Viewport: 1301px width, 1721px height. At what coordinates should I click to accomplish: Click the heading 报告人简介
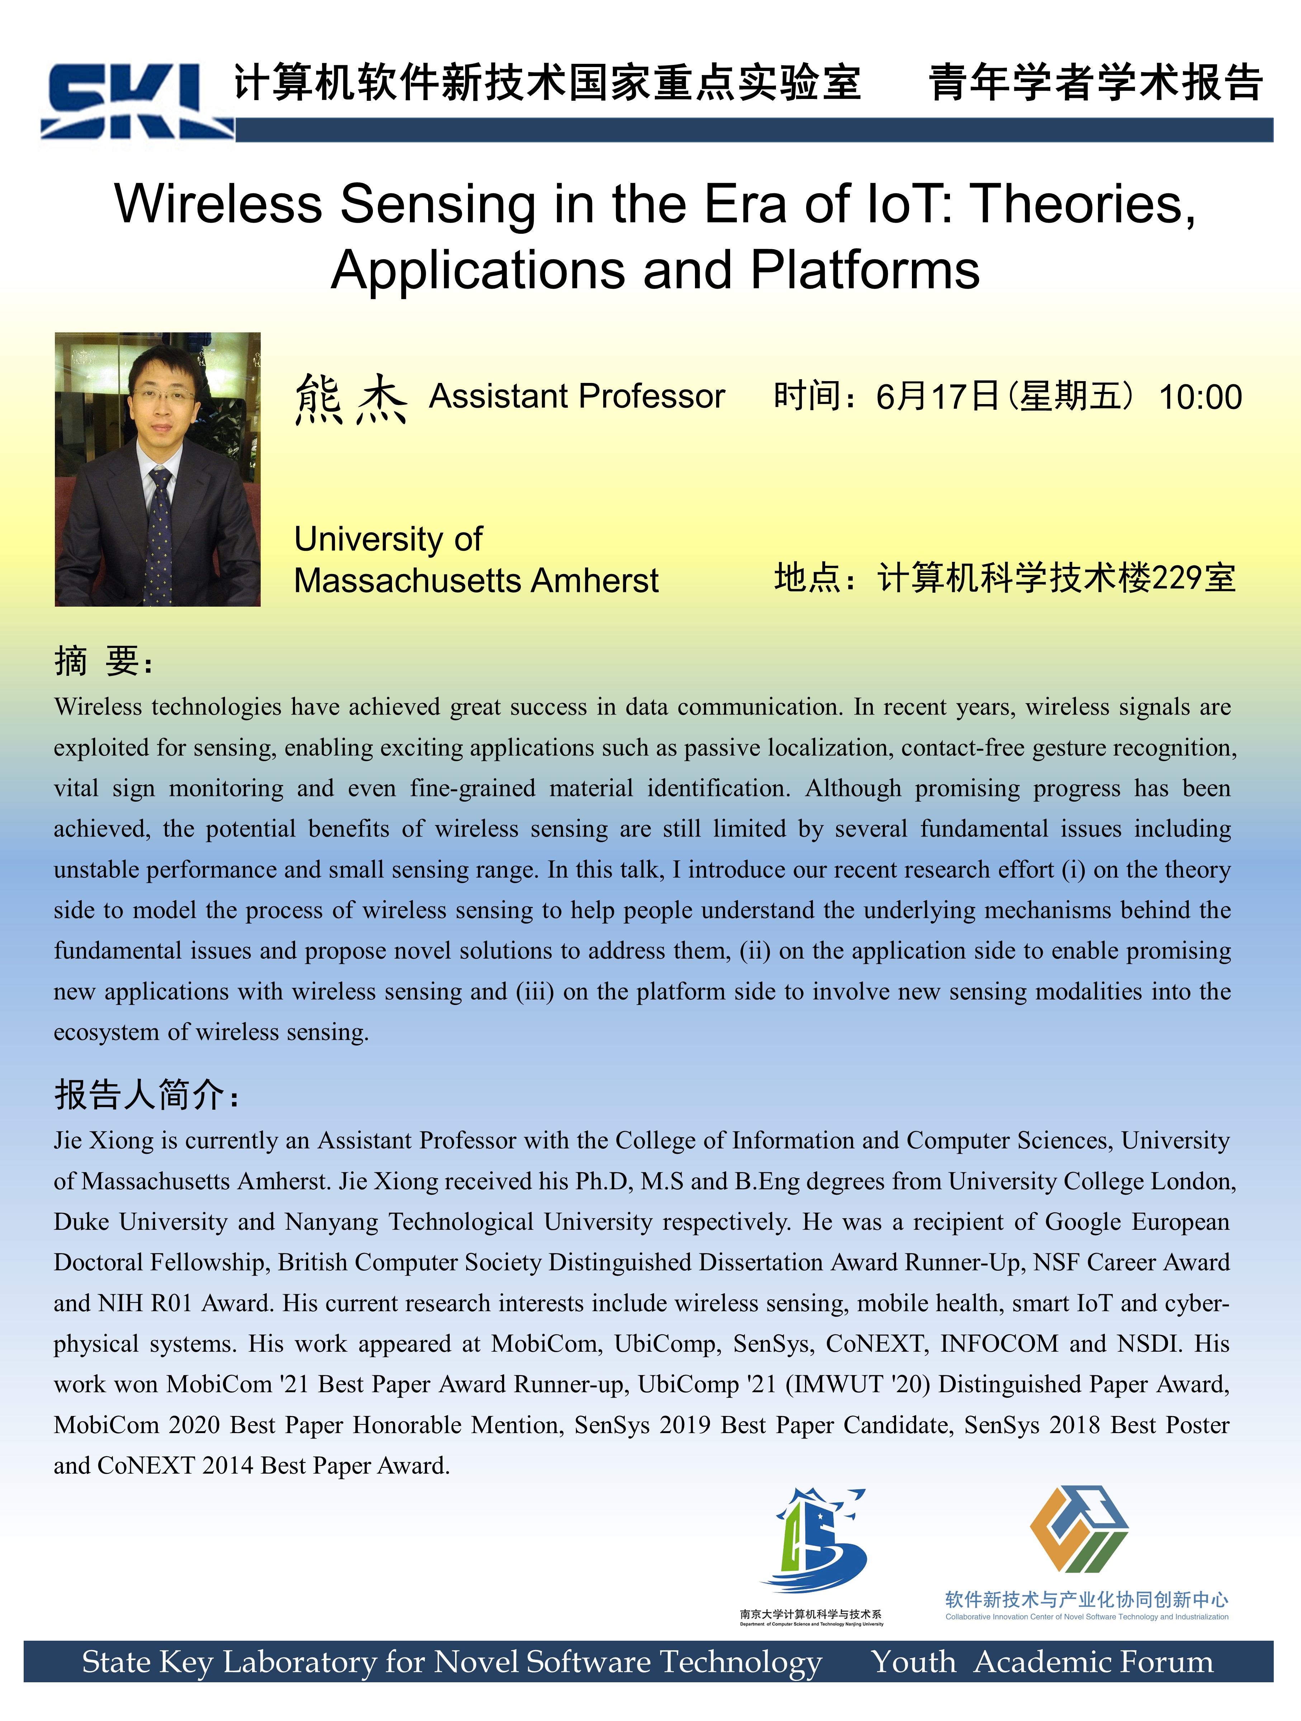click(146, 1095)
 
